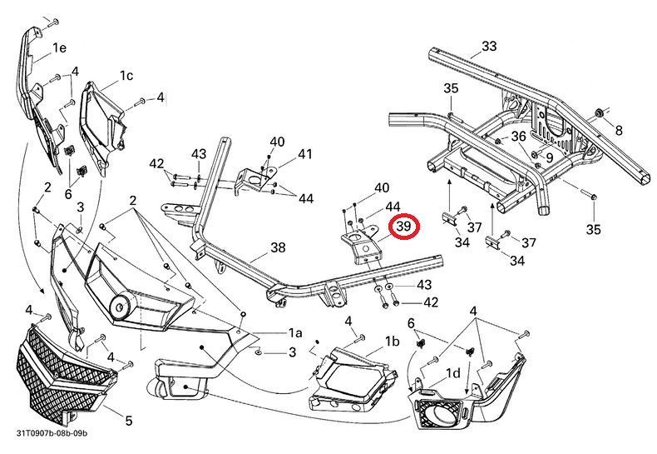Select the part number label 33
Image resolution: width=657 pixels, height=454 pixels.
click(x=489, y=46)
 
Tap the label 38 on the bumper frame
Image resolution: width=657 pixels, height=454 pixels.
click(x=278, y=247)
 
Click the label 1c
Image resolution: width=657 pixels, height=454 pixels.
click(x=126, y=76)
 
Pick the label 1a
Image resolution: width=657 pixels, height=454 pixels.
click(x=294, y=332)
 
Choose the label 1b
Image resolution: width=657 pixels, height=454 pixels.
click(x=393, y=342)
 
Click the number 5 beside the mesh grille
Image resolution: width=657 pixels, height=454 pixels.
click(x=129, y=421)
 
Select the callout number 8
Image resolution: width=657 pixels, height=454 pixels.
click(x=618, y=130)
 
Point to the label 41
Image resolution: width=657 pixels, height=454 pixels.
click(x=305, y=154)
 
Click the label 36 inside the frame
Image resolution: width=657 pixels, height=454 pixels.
click(x=518, y=136)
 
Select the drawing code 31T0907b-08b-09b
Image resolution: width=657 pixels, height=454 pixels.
click(x=52, y=434)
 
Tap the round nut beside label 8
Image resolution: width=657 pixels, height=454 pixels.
click(x=597, y=112)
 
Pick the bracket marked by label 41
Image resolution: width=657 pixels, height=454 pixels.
click(x=253, y=178)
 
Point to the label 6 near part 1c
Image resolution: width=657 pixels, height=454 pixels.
click(x=68, y=193)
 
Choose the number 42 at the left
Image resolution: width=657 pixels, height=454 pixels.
click(x=156, y=165)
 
